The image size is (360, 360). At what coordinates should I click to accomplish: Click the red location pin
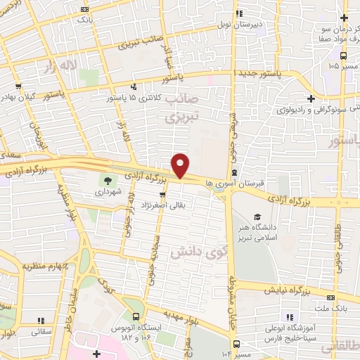[181, 165]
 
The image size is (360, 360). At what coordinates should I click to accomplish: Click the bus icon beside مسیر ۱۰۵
[312, 65]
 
